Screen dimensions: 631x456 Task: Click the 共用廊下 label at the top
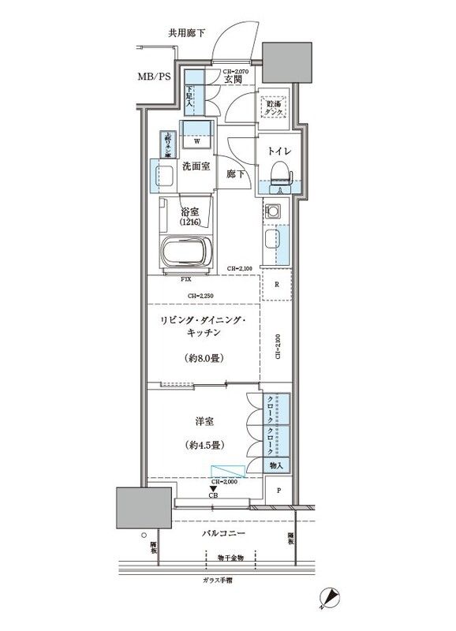point(186,33)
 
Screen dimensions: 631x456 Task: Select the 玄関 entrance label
point(232,80)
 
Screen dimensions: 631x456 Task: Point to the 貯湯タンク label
point(275,108)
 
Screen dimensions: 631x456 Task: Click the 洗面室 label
point(196,166)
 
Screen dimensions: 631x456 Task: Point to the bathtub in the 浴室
point(186,253)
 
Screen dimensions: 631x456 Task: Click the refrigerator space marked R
point(275,285)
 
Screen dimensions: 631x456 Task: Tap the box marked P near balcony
point(278,491)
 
